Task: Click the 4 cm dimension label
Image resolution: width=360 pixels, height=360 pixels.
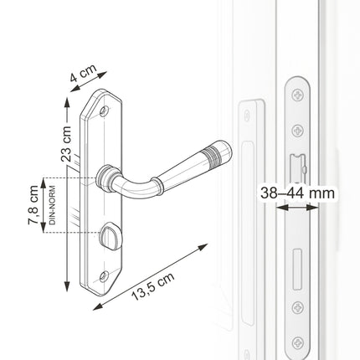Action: click(x=83, y=73)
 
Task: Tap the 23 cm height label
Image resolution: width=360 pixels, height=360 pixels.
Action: click(x=66, y=144)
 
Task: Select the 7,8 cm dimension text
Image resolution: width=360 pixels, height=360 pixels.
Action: click(x=33, y=205)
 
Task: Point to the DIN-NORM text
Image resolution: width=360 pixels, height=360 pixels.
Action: click(x=53, y=205)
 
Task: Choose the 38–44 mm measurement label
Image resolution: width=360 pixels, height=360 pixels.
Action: click(x=297, y=193)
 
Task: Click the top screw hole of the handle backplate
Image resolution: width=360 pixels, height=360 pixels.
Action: click(x=105, y=111)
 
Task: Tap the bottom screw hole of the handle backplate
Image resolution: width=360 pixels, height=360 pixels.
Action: click(x=105, y=275)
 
